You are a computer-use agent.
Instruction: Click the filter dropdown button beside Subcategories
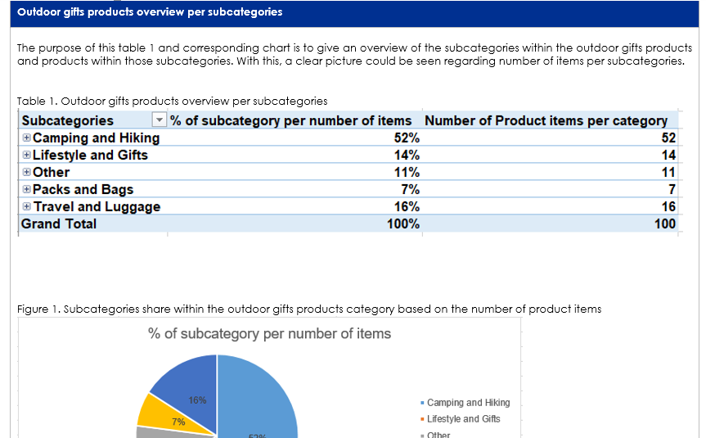tap(160, 121)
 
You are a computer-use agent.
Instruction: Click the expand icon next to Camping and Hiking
tap(27, 138)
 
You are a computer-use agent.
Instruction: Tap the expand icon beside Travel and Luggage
tap(27, 206)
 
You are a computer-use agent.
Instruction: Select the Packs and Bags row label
tap(83, 189)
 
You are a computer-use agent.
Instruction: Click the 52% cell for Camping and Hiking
tap(407, 138)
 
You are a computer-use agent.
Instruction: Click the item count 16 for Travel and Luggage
tap(668, 206)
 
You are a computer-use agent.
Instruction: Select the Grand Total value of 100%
tap(403, 224)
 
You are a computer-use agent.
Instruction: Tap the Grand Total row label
tap(59, 224)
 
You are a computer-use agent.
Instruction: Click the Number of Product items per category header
tap(546, 120)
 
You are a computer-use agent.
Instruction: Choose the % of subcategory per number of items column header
tap(290, 120)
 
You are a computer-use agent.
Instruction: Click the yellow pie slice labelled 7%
tap(155, 412)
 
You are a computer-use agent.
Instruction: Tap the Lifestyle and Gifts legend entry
tap(463, 419)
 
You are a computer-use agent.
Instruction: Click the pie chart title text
tap(269, 333)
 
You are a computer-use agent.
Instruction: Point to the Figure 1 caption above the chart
tap(309, 309)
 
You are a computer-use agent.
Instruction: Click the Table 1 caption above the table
tap(172, 101)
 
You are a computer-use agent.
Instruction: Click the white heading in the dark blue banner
tap(150, 12)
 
